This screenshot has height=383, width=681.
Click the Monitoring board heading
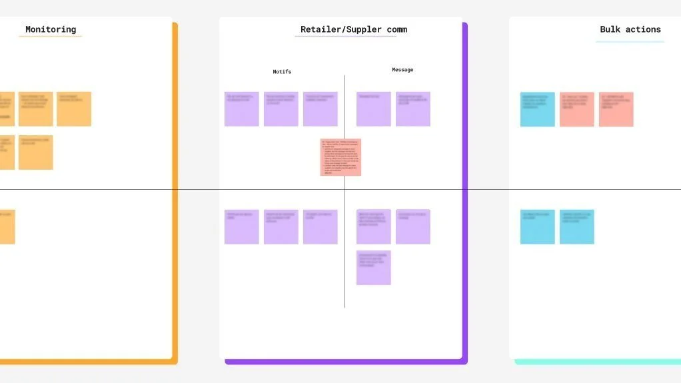click(51, 29)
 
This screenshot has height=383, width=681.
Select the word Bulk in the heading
click(610, 29)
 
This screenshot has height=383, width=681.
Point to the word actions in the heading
click(643, 29)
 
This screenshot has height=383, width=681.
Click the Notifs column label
click(282, 72)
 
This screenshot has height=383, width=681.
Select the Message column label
click(402, 70)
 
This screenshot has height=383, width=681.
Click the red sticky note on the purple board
click(340, 157)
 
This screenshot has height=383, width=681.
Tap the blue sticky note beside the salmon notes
click(537, 109)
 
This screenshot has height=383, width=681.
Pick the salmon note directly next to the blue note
click(576, 109)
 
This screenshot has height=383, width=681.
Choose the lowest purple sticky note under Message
click(373, 268)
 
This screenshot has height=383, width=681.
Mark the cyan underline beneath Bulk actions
click(630, 42)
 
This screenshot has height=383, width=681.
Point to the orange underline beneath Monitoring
click(51, 36)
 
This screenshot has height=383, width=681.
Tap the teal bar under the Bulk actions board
click(597, 362)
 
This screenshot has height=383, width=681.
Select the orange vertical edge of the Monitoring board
click(175, 193)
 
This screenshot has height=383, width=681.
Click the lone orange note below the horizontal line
click(7, 226)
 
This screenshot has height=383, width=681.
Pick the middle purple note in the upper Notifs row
click(281, 109)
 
